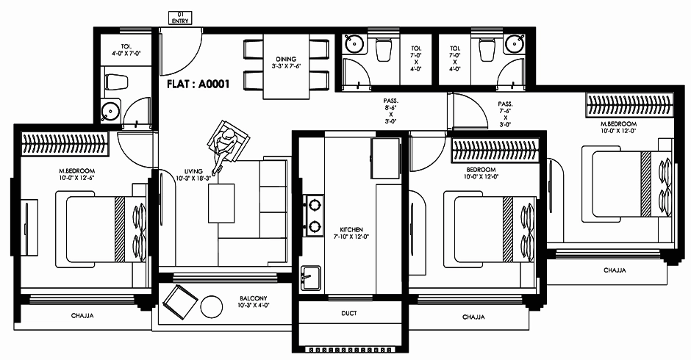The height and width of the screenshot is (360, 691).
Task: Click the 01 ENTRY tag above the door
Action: coord(181,18)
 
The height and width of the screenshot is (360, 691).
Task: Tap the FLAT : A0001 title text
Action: coord(198,84)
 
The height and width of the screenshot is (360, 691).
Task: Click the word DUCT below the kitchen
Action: coord(349,313)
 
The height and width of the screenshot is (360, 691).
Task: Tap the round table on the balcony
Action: coord(211,306)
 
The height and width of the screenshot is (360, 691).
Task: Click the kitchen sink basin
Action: coord(311,278)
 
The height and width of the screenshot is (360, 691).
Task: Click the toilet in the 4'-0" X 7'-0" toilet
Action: coord(117,82)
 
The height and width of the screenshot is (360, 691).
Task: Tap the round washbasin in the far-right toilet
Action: coord(514,44)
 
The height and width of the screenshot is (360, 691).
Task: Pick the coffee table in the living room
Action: coord(221,204)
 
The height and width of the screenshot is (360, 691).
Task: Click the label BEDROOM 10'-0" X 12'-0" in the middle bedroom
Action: coord(481,173)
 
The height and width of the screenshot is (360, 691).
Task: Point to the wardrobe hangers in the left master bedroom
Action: coord(65,144)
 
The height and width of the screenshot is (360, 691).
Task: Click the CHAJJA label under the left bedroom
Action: coord(82,315)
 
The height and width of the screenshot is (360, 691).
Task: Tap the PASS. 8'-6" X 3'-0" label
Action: coord(390,111)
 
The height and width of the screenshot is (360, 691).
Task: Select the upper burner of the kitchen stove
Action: coord(314,205)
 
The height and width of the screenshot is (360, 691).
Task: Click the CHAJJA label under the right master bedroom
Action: coord(615,270)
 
